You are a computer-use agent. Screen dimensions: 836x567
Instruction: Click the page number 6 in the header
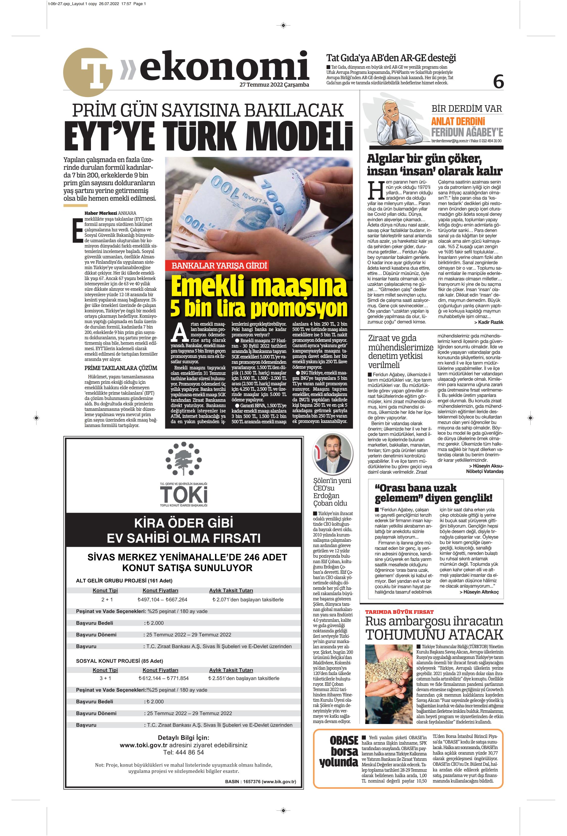point(498,82)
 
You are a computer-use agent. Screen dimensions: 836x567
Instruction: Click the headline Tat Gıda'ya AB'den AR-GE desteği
point(391,58)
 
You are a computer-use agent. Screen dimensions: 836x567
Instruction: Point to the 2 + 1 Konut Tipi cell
point(107,599)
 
